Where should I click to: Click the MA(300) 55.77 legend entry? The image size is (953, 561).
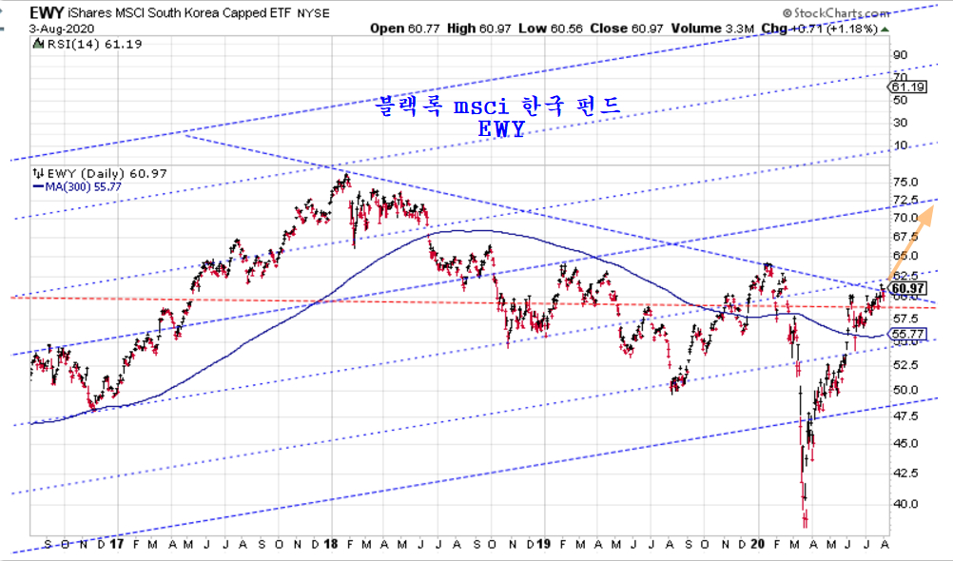tap(77, 187)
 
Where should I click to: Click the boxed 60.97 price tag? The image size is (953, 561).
tap(908, 288)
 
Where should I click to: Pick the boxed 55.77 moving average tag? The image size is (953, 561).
tap(908, 334)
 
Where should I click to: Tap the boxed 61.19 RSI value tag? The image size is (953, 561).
tap(908, 87)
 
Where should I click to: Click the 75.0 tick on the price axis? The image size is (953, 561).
tap(905, 183)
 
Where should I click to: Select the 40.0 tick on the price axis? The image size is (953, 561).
tap(905, 504)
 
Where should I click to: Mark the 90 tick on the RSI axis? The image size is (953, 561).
tap(899, 55)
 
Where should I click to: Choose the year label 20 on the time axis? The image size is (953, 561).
tap(759, 544)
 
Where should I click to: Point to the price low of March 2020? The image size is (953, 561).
tap(806, 521)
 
